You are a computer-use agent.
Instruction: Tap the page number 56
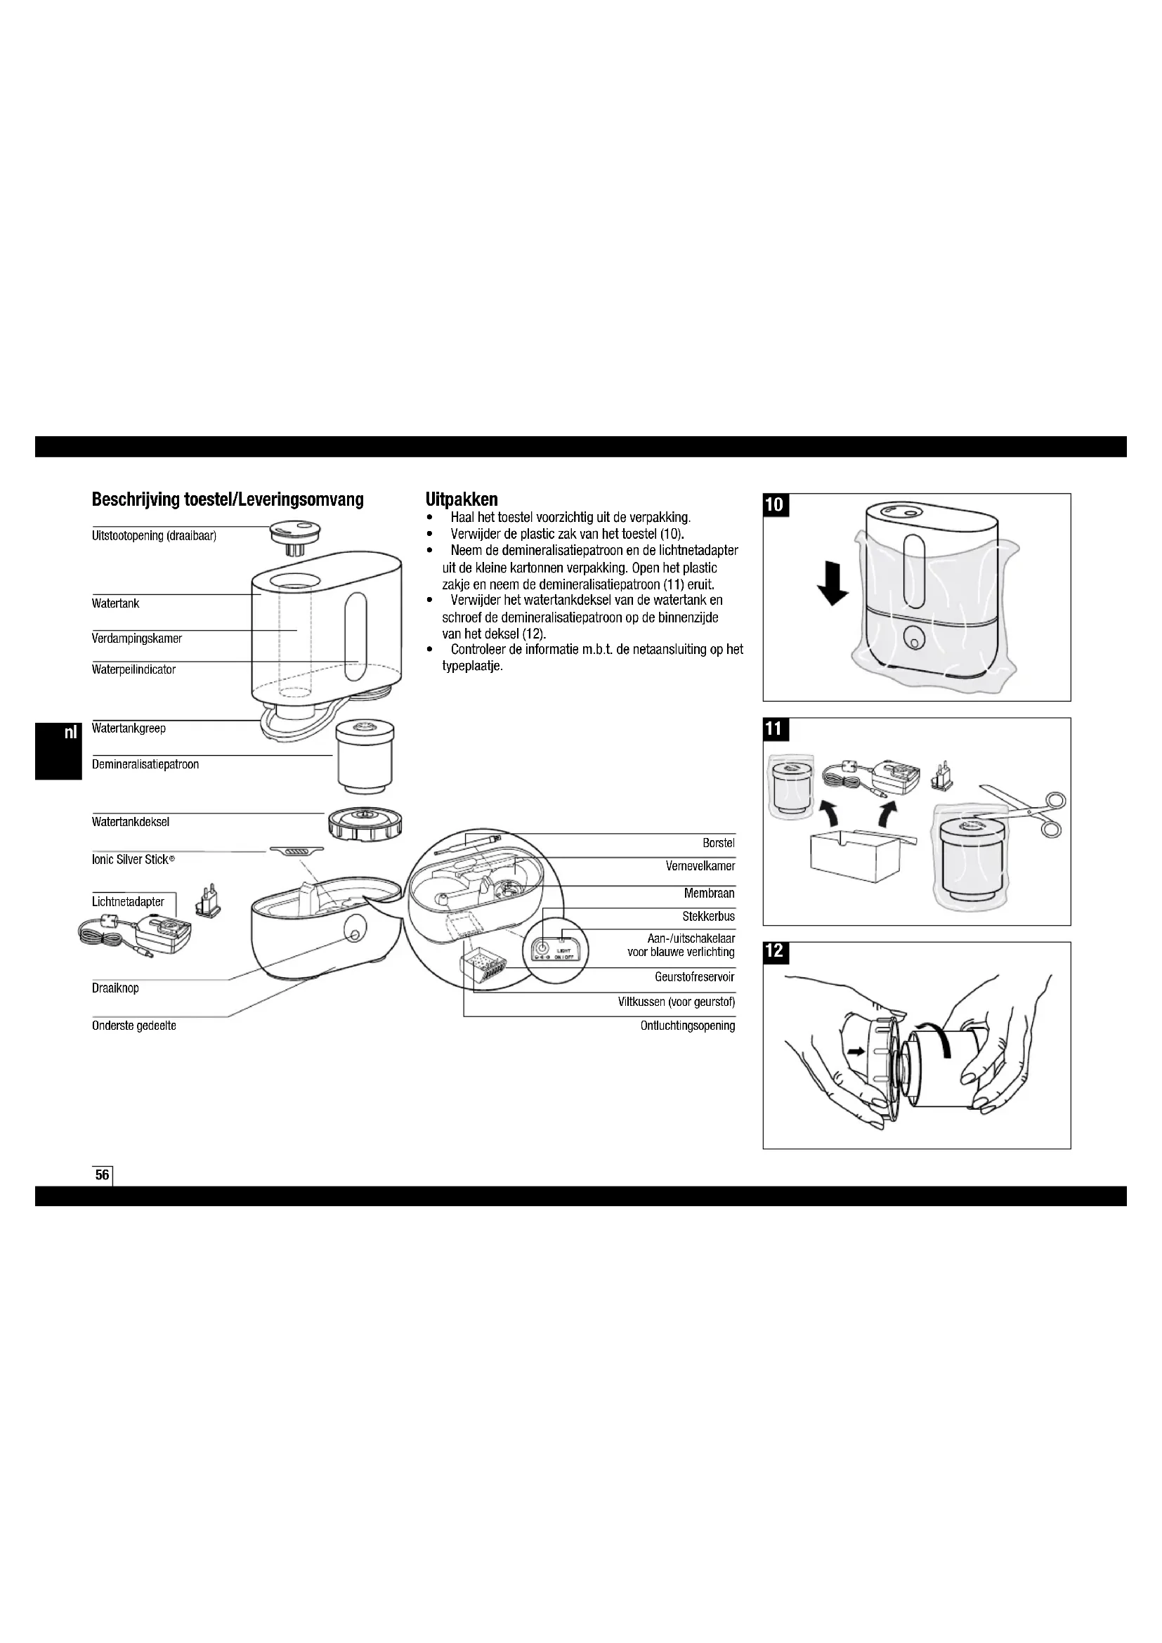pyautogui.click(x=103, y=1174)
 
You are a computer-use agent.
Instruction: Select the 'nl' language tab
pyautogui.click(x=70, y=733)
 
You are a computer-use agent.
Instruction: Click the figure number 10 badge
pyautogui.click(x=774, y=504)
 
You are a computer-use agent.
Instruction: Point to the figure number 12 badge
pyautogui.click(x=774, y=951)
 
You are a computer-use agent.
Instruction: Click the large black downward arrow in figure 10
pyautogui.click(x=833, y=584)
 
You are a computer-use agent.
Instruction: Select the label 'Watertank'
pyautogui.click(x=115, y=603)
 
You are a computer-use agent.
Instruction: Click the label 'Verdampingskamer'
pyautogui.click(x=137, y=639)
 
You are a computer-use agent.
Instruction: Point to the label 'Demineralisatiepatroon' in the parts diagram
pyautogui.click(x=145, y=764)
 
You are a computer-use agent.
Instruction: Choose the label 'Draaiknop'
pyautogui.click(x=115, y=988)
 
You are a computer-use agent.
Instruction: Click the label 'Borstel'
pyautogui.click(x=719, y=843)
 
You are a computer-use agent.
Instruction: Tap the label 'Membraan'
pyautogui.click(x=708, y=893)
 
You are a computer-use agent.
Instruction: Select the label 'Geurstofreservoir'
pyautogui.click(x=694, y=977)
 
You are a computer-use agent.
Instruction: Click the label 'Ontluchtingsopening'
pyautogui.click(x=687, y=1026)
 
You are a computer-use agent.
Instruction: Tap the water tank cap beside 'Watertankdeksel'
pyautogui.click(x=364, y=825)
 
